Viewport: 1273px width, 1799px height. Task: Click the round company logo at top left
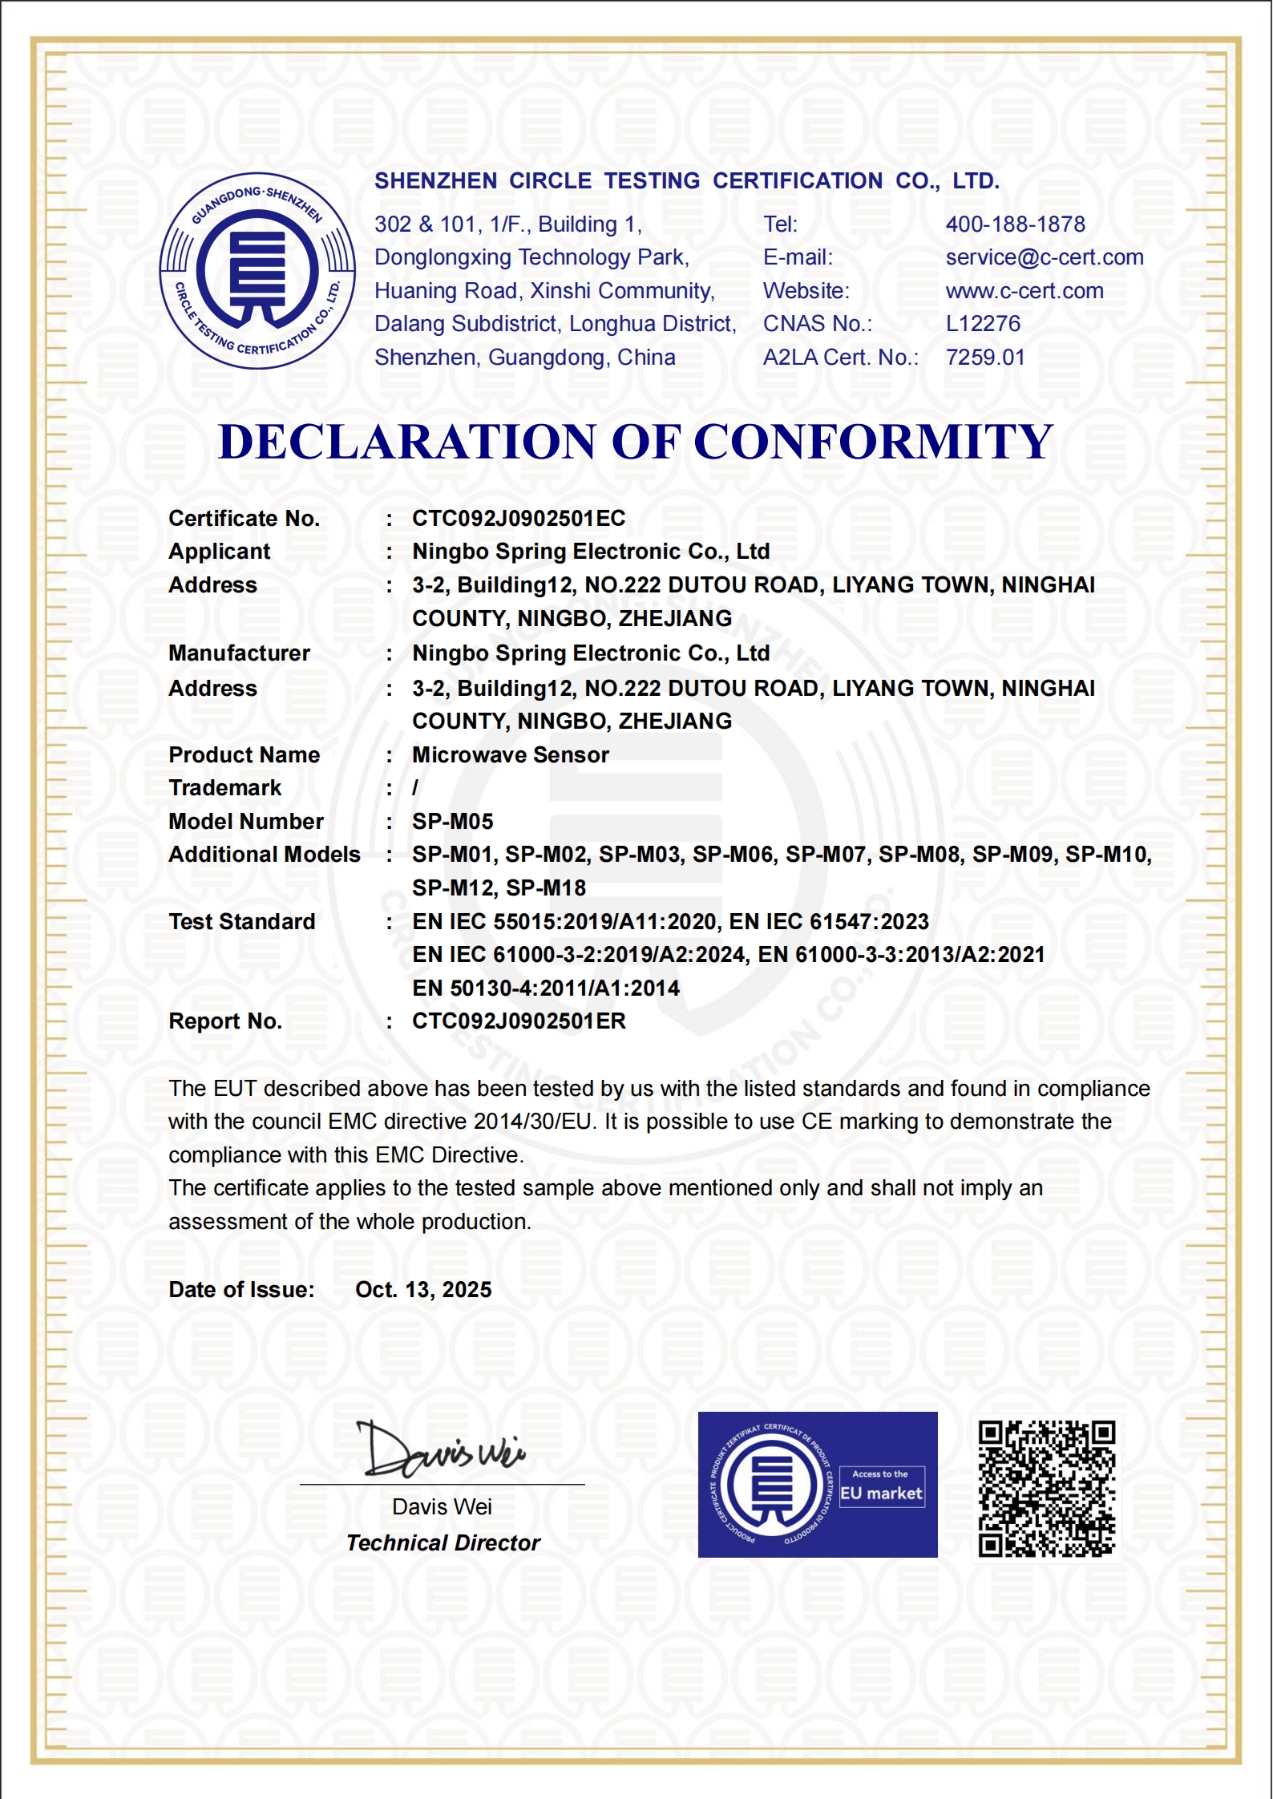tap(257, 271)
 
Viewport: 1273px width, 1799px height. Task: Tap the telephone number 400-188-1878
tap(1015, 224)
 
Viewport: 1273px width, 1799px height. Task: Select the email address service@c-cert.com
tap(1044, 257)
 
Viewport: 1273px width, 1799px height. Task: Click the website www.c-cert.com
tap(1024, 291)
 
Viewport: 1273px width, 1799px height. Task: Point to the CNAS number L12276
tap(983, 324)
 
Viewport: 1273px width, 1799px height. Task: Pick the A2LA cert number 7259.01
tap(985, 358)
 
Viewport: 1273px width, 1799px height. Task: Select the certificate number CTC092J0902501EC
tap(519, 519)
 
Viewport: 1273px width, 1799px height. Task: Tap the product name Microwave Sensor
tap(511, 755)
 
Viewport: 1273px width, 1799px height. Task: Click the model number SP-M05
tap(453, 822)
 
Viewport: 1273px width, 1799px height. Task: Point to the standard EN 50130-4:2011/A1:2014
tap(546, 988)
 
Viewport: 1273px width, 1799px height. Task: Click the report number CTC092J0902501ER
tap(519, 1021)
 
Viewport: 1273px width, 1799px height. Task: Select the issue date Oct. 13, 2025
tap(423, 1290)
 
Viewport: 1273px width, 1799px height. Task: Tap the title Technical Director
tap(443, 1543)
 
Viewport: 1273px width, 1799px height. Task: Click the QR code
tap(1046, 1488)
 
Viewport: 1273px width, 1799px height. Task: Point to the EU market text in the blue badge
tap(881, 1494)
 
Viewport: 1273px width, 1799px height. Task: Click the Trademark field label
tap(225, 788)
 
